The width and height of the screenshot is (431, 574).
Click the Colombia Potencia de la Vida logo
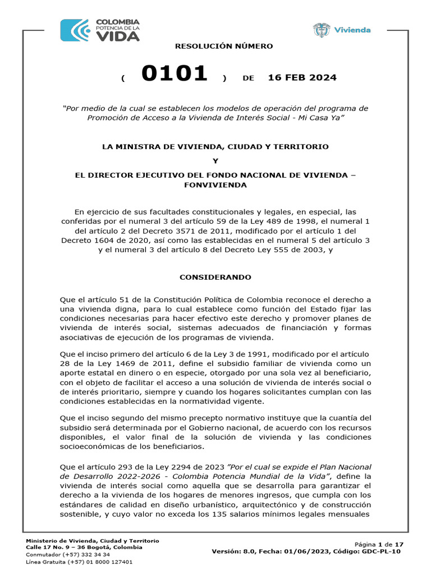(x=100, y=30)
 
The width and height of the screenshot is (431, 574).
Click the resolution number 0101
(x=175, y=74)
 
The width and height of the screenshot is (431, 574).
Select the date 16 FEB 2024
(x=302, y=77)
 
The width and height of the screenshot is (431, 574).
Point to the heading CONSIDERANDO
(x=215, y=277)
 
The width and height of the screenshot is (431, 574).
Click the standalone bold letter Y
(x=215, y=161)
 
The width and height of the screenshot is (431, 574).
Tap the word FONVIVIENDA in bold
(x=215, y=185)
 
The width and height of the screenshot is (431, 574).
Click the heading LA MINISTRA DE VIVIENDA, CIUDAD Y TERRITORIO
(x=215, y=146)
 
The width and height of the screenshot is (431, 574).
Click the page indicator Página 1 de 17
(x=379, y=544)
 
